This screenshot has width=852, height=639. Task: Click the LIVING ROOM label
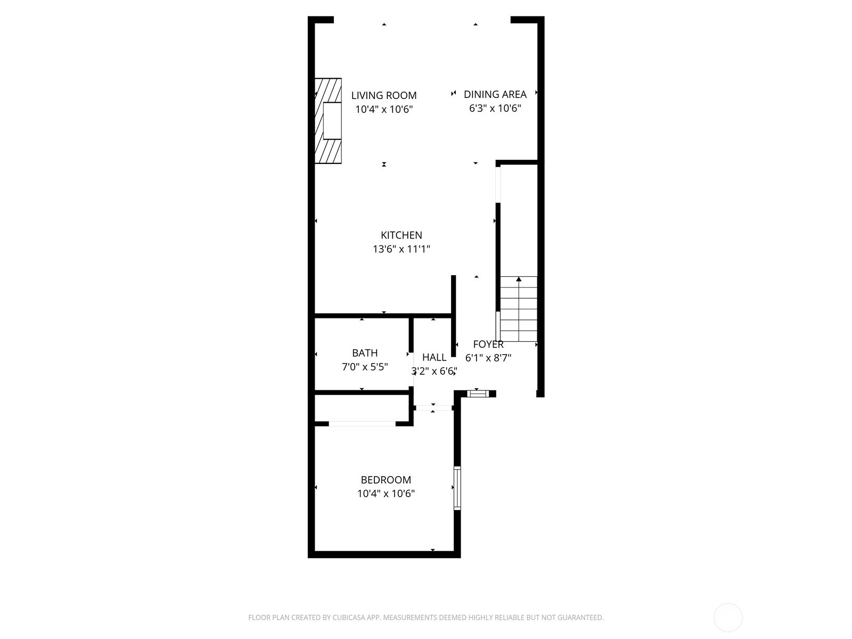[x=383, y=96]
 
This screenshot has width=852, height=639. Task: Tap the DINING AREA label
[x=495, y=94]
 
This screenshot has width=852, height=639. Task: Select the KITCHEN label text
[x=401, y=235]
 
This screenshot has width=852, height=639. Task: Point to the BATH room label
[x=365, y=353]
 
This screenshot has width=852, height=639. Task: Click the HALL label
[x=434, y=357]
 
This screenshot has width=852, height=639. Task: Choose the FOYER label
[x=488, y=345]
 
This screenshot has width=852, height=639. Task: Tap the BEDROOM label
[x=386, y=480]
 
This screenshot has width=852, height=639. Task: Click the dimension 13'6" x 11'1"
[x=401, y=249]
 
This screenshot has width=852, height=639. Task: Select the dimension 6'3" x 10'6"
[x=495, y=109]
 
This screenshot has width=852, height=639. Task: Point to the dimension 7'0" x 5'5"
[x=365, y=367]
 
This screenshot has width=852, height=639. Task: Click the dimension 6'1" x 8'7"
[x=488, y=358]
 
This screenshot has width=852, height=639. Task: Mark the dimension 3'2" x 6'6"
[x=434, y=371]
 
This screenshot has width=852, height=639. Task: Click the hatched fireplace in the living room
[x=327, y=121]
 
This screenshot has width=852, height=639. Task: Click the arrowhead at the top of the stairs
[x=519, y=279]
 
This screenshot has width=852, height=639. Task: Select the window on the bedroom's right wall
[x=457, y=488]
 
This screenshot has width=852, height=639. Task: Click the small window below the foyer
[x=477, y=394]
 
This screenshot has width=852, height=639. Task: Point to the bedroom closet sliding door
[x=362, y=424]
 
